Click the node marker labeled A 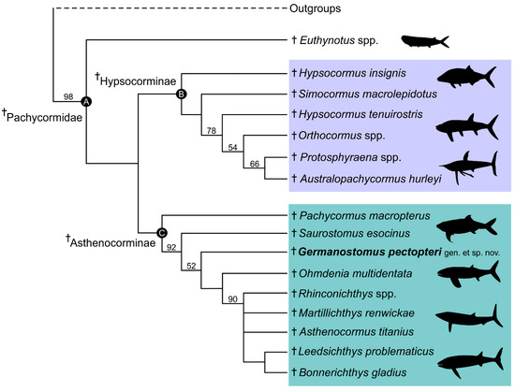tap(85, 101)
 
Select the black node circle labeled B tap(182, 92)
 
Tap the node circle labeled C tap(162, 232)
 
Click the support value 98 tap(67, 96)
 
